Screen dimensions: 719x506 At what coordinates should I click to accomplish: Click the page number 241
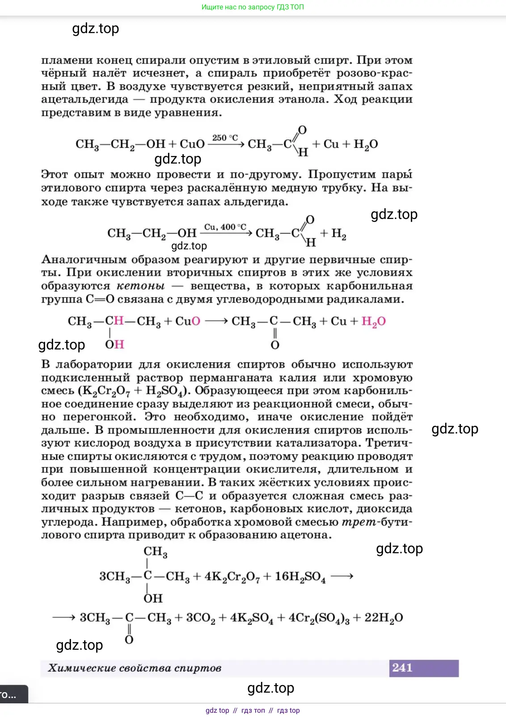[x=402, y=668]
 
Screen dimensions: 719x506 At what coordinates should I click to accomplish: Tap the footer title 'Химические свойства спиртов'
[x=135, y=668]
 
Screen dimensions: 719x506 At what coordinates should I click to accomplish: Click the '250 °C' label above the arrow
[x=225, y=138]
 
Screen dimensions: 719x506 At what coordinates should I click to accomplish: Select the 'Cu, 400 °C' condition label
[x=225, y=227]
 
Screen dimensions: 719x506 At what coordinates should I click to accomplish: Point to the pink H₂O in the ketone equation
[x=373, y=321]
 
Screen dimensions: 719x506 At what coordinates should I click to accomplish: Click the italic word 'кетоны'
[x=140, y=286]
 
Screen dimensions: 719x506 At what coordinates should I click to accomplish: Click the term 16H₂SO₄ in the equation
[x=300, y=576]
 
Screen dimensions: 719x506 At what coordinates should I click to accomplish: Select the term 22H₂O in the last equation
[x=384, y=618]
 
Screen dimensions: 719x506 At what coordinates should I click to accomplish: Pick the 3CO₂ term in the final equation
[x=200, y=618]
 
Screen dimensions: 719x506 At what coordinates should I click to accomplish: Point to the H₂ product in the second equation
[x=339, y=234]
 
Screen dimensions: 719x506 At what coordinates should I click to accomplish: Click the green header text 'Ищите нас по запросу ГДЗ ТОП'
[x=253, y=7]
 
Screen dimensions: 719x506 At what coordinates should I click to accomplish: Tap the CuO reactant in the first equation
[x=192, y=144]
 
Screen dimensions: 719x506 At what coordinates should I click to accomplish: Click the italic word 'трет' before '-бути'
[x=359, y=522]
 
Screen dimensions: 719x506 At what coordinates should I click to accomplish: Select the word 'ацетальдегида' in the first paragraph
[x=84, y=99]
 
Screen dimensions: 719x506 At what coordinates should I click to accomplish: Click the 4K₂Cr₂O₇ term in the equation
[x=232, y=576]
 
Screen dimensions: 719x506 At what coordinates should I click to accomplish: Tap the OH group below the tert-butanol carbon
[x=153, y=598]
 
